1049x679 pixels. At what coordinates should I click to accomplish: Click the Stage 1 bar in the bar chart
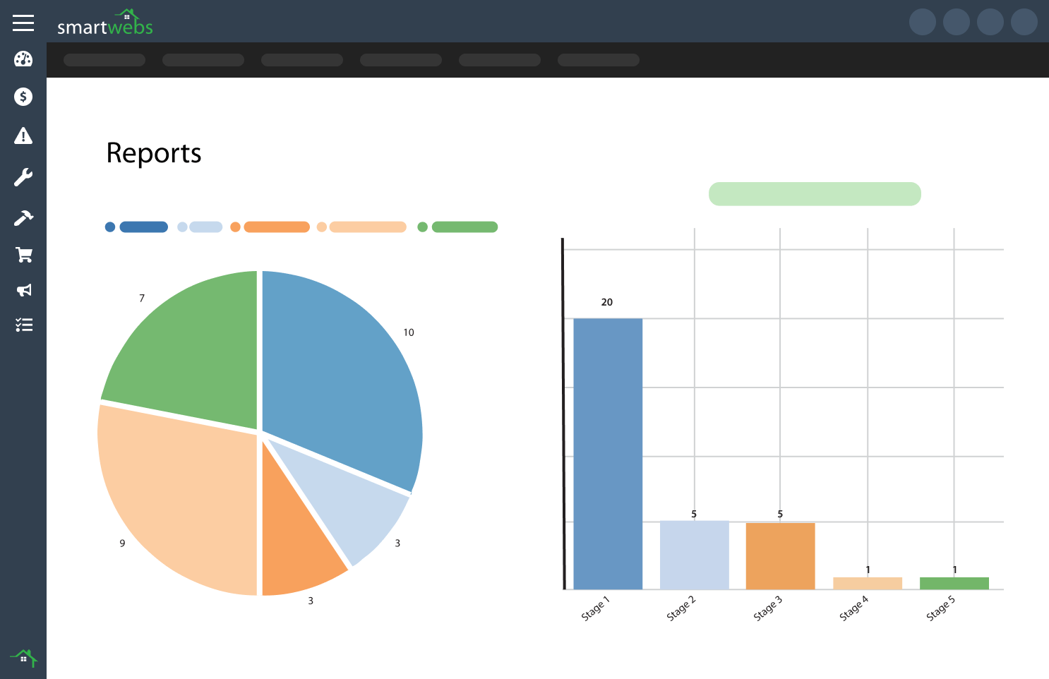tap(608, 453)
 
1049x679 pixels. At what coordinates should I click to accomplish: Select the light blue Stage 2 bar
tap(694, 555)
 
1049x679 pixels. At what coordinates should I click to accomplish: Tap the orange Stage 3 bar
tap(780, 556)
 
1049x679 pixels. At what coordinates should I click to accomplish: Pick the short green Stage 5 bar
tap(954, 583)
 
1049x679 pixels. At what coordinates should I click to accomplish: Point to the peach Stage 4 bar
tap(867, 583)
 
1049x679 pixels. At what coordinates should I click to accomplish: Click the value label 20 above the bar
tap(607, 302)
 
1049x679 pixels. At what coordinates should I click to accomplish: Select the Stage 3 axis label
tap(767, 608)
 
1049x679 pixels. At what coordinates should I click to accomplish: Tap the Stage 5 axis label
tap(940, 608)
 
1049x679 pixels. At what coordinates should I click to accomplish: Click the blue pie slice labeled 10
tap(339, 374)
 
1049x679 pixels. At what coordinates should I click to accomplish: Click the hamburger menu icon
tap(23, 23)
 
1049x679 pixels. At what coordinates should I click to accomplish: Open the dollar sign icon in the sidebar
tap(23, 97)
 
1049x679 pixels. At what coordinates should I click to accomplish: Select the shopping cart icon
tap(23, 255)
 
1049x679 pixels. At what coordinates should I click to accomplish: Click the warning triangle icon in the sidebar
tap(23, 136)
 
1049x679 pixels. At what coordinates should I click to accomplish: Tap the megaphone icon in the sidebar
tap(23, 290)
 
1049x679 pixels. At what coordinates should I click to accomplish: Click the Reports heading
tap(154, 153)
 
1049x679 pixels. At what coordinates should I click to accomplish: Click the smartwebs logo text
tap(104, 26)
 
